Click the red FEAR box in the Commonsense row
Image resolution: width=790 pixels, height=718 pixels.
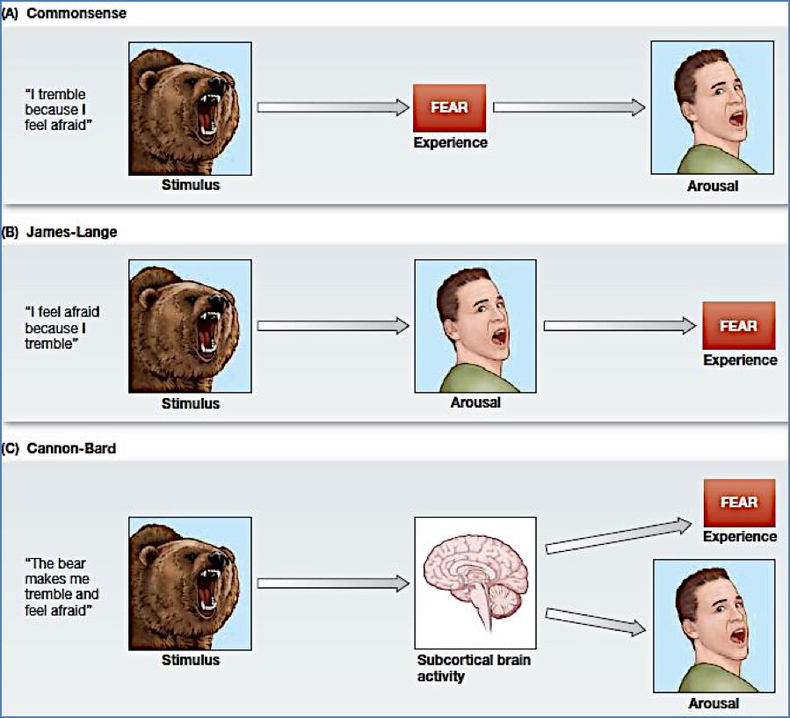click(449, 107)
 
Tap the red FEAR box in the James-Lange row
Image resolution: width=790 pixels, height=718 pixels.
click(738, 325)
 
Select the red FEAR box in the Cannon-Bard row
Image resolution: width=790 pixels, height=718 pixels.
click(738, 503)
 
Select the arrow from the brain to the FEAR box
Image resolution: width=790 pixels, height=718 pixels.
click(618, 537)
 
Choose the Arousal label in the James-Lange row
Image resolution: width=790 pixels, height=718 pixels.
click(475, 403)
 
